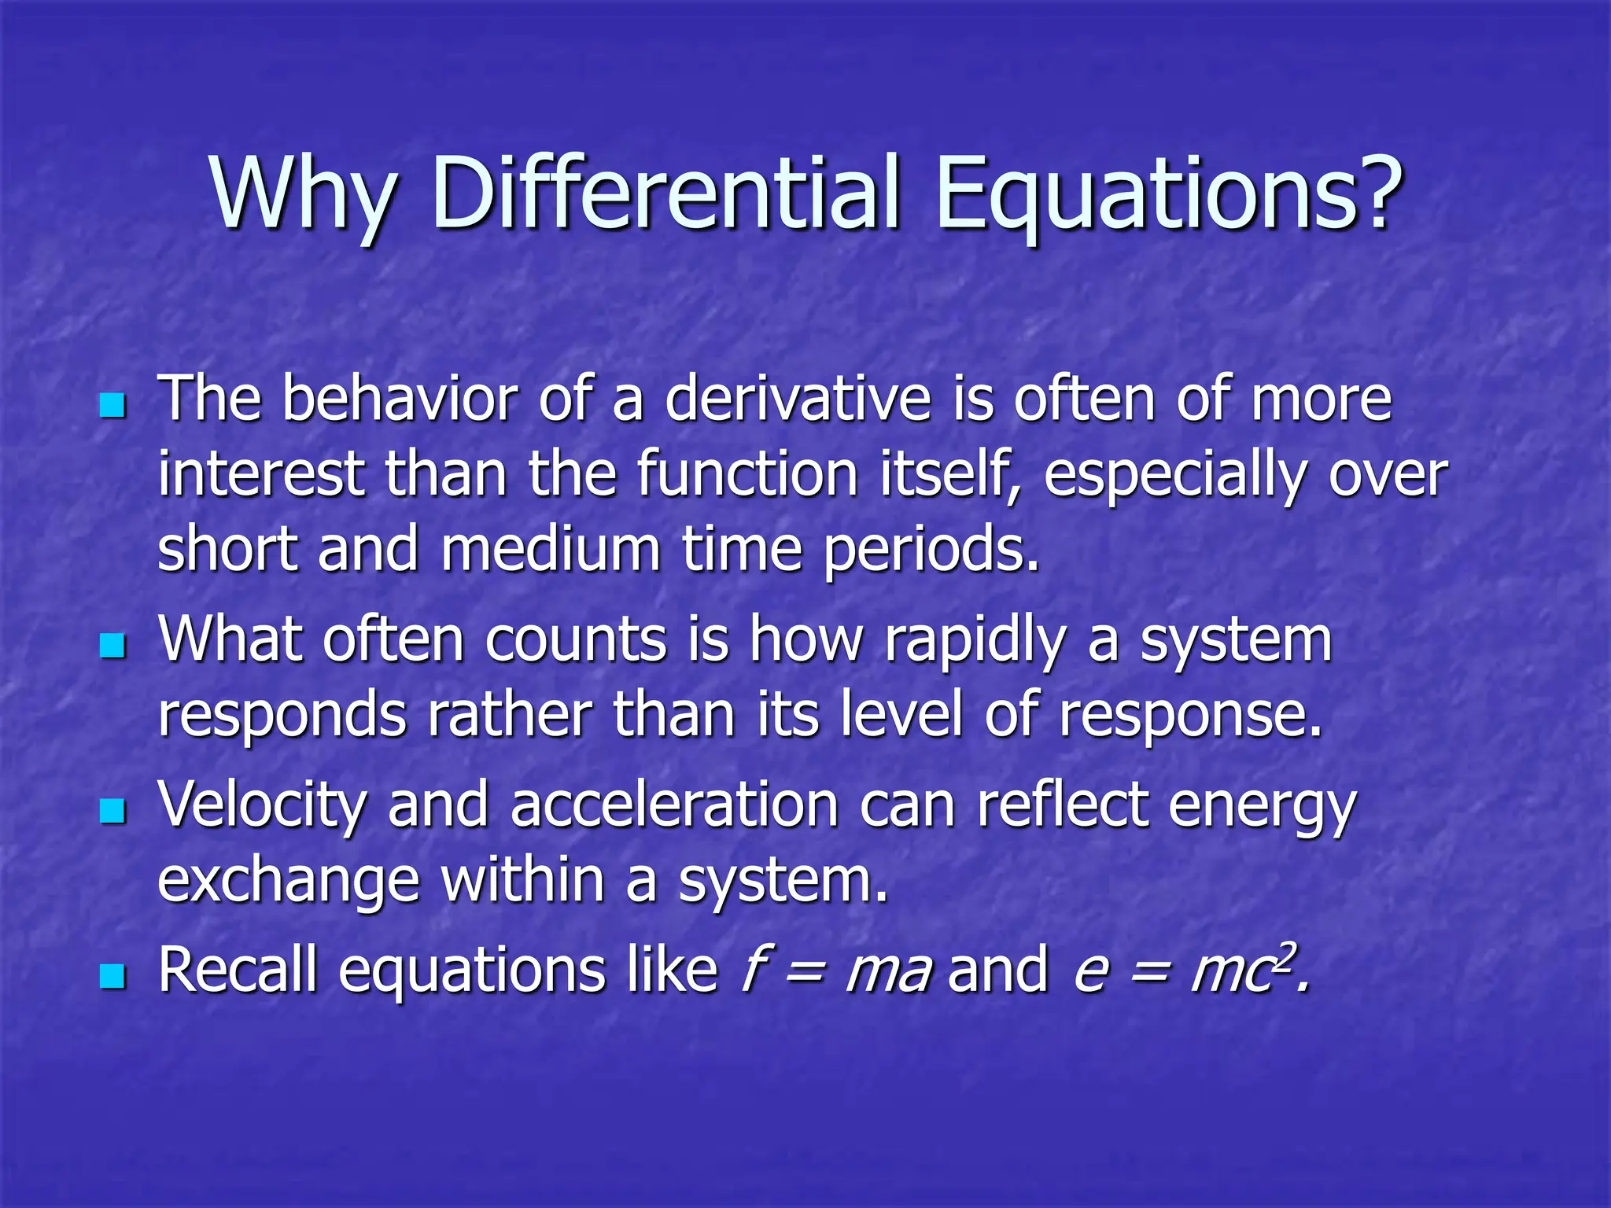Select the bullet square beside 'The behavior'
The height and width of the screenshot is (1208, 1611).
(113, 406)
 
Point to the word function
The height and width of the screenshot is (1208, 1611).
(747, 475)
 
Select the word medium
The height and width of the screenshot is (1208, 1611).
(550, 550)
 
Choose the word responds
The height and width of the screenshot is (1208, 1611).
(282, 716)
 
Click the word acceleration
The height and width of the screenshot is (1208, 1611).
(674, 806)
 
